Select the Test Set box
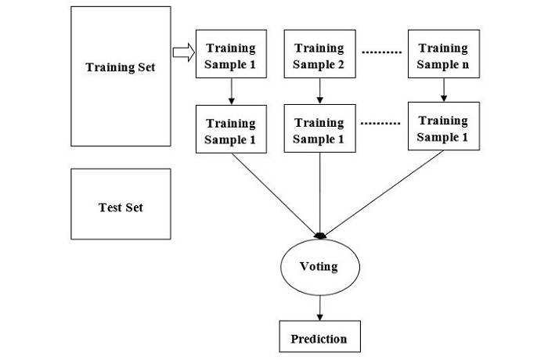pyautogui.click(x=120, y=204)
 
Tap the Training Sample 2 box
pyautogui.click(x=319, y=56)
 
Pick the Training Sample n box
pyautogui.click(x=443, y=56)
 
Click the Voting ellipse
pyautogui.click(x=319, y=267)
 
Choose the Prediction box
pyautogui.click(x=319, y=337)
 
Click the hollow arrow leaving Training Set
pyautogui.click(x=182, y=53)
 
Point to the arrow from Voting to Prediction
pyautogui.click(x=319, y=305)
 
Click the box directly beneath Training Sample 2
pyautogui.click(x=319, y=131)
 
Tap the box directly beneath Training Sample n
pyautogui.click(x=443, y=129)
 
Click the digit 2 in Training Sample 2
pyautogui.click(x=341, y=63)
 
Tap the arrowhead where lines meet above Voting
pyautogui.click(x=319, y=235)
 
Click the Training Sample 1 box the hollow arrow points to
pyautogui.click(x=230, y=56)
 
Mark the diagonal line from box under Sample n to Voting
pyautogui.click(x=384, y=192)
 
